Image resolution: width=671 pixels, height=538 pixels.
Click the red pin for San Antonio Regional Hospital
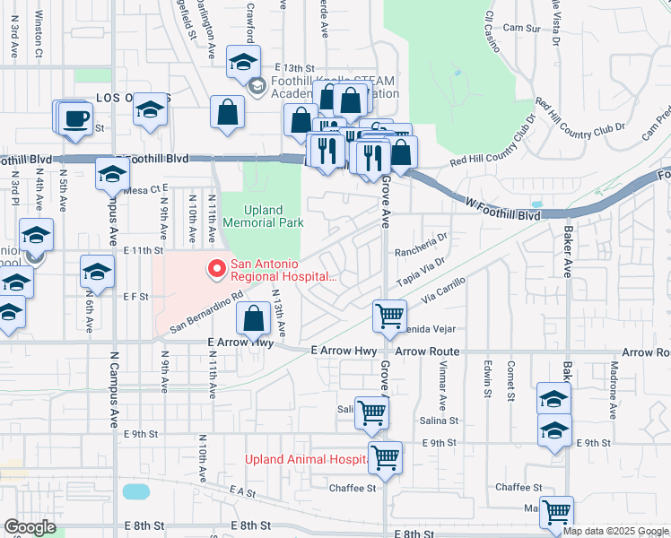[215, 267]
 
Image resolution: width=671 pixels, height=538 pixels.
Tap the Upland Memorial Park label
[263, 216]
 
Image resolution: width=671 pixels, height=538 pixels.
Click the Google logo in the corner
[30, 527]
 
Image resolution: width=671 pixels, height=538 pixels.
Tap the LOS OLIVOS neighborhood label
[121, 98]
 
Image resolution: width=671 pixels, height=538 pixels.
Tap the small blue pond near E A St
[135, 491]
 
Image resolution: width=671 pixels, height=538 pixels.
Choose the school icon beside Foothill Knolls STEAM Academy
[258, 87]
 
